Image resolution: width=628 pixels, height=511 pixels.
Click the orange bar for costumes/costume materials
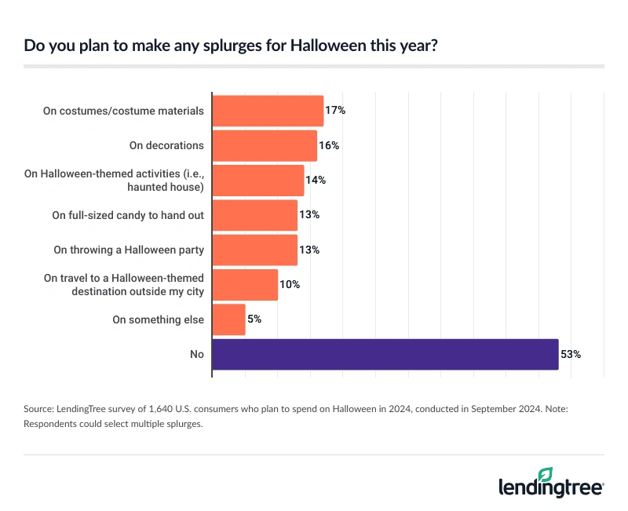(268, 111)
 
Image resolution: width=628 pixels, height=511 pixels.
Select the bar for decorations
(265, 145)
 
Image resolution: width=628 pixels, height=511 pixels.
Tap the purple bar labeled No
(385, 354)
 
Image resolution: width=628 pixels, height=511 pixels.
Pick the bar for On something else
(229, 319)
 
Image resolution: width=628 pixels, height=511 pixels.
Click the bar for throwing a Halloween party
(255, 250)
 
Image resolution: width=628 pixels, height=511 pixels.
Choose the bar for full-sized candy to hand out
(255, 215)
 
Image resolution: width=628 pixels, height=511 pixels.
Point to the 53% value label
(570, 354)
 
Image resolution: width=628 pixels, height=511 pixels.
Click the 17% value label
(335, 111)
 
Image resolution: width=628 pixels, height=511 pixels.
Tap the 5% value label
(254, 319)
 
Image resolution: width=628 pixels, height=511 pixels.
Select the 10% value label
(290, 284)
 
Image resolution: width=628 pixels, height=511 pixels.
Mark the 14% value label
(316, 180)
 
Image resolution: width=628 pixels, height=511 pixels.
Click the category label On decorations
(166, 145)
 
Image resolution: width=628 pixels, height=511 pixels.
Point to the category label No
(196, 354)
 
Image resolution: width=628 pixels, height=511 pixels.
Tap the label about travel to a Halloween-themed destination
(124, 284)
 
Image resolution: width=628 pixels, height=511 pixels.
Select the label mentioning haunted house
(125, 181)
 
